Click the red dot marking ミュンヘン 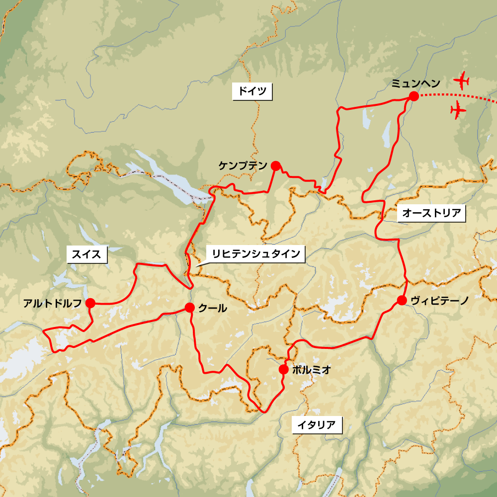point(413,96)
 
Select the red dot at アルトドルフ point(90,303)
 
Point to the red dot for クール point(189,308)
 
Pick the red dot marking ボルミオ point(283,369)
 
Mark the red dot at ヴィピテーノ point(402,300)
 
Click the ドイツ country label point(252,91)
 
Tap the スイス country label point(86,255)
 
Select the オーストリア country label point(432,214)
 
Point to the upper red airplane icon point(463,80)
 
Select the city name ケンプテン point(243,166)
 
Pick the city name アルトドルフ point(52,303)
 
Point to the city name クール point(213,308)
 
